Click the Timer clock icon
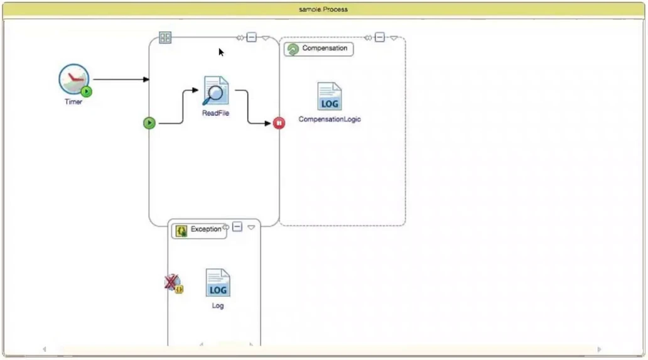point(74,80)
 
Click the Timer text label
point(73,102)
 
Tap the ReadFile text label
point(215,113)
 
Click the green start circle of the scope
point(149,123)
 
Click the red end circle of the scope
point(279,123)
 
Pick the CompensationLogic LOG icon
point(329,97)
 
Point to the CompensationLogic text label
point(330,119)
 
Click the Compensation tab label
point(324,48)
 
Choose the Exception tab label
point(205,229)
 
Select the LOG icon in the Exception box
point(218,283)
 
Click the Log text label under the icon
point(218,306)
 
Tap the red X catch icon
point(171,283)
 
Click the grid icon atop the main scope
point(165,38)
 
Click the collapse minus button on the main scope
point(251,38)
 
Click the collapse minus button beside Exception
point(237,227)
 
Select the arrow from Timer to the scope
point(119,80)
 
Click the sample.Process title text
point(323,9)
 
